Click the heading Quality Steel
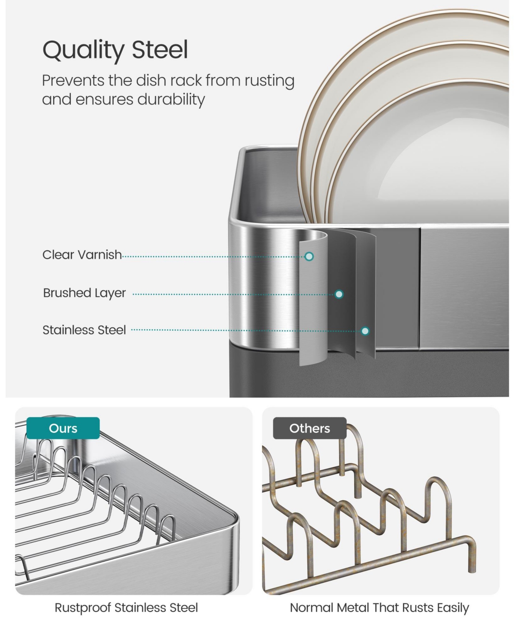[115, 50]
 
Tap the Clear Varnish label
[82, 255]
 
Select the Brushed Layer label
[84, 293]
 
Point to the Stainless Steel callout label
[84, 330]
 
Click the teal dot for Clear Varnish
[309, 257]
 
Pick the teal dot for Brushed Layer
[339, 294]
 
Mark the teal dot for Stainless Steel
[365, 331]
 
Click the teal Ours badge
[63, 428]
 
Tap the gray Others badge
[309, 428]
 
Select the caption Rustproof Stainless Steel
[126, 608]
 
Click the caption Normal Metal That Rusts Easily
[379, 608]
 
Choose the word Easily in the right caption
[453, 608]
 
